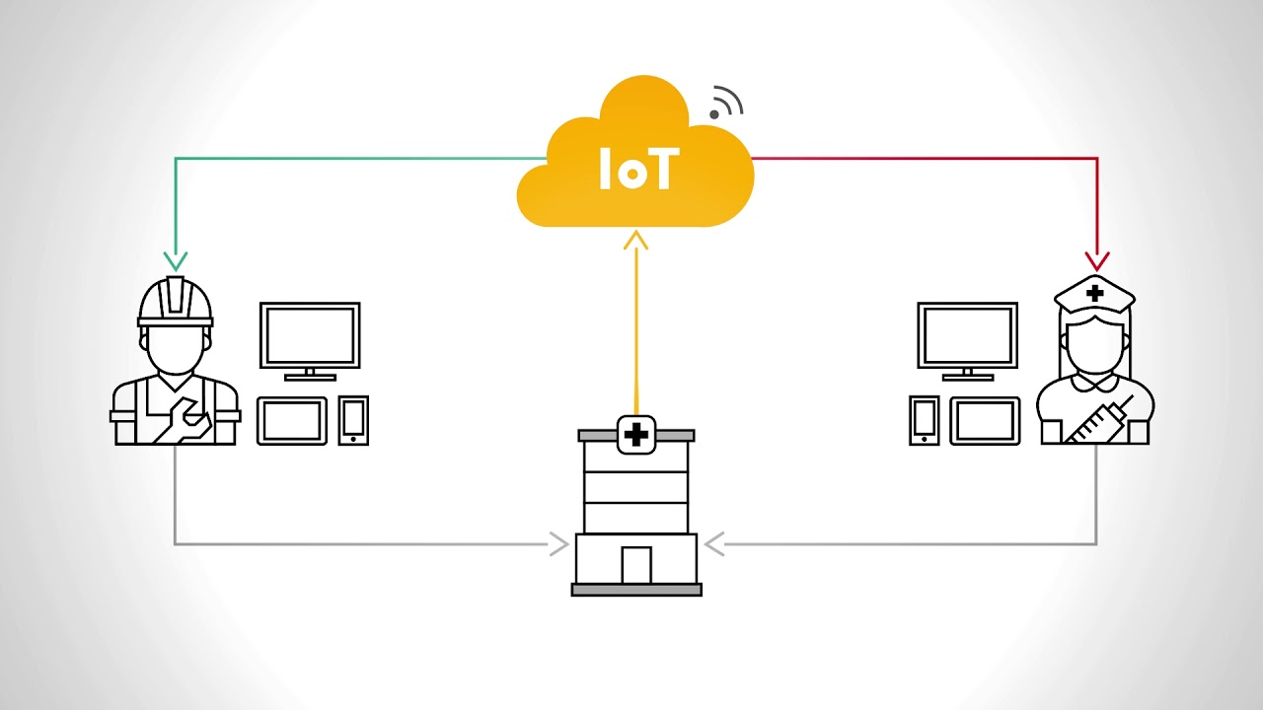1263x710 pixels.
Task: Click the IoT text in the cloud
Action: (x=636, y=170)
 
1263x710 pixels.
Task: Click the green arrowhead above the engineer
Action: (x=175, y=260)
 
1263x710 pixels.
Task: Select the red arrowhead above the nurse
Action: (x=1096, y=260)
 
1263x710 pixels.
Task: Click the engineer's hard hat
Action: (x=176, y=301)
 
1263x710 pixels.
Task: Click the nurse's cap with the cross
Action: (x=1094, y=294)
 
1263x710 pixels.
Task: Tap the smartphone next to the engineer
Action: (x=353, y=420)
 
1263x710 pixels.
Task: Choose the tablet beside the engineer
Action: (x=292, y=421)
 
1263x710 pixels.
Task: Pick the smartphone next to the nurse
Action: (x=925, y=420)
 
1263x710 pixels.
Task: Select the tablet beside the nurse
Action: (x=985, y=421)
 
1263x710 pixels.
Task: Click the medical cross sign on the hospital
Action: (x=636, y=435)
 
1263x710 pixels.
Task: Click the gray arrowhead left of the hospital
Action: (x=559, y=543)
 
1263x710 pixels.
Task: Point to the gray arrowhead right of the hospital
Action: (x=714, y=543)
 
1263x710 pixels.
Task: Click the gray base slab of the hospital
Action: (x=636, y=590)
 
